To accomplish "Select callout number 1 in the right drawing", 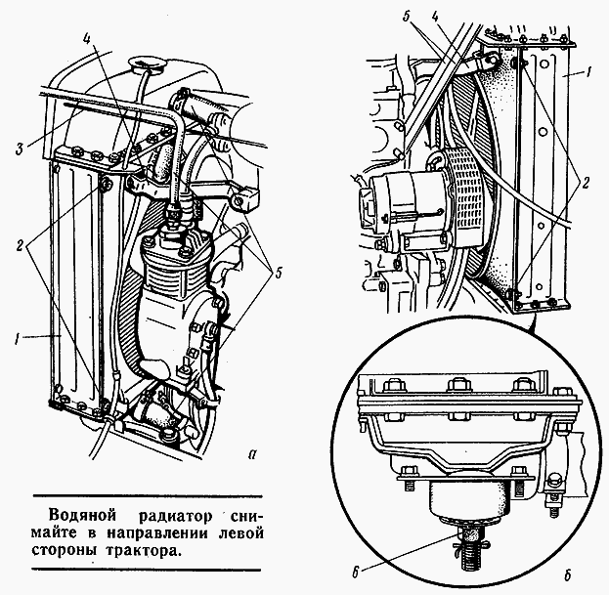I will [589, 73].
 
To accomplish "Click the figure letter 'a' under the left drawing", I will [253, 453].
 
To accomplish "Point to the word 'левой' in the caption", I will [240, 532].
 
